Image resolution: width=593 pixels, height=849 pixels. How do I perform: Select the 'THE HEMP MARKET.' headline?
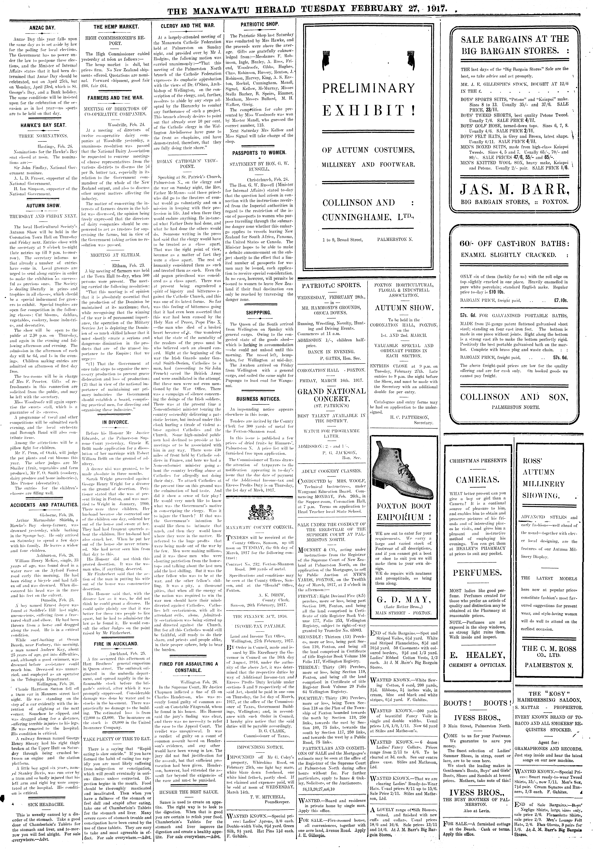tap(116, 27)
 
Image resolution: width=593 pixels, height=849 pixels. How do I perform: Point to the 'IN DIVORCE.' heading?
tap(116, 422)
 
